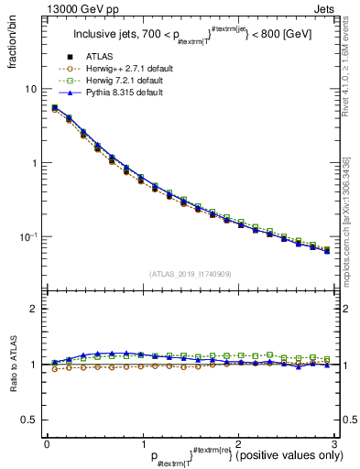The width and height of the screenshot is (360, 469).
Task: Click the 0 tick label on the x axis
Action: click(47, 442)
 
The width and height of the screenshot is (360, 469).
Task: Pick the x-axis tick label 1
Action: click(142, 442)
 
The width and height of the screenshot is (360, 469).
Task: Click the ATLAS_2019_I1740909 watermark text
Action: click(190, 274)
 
